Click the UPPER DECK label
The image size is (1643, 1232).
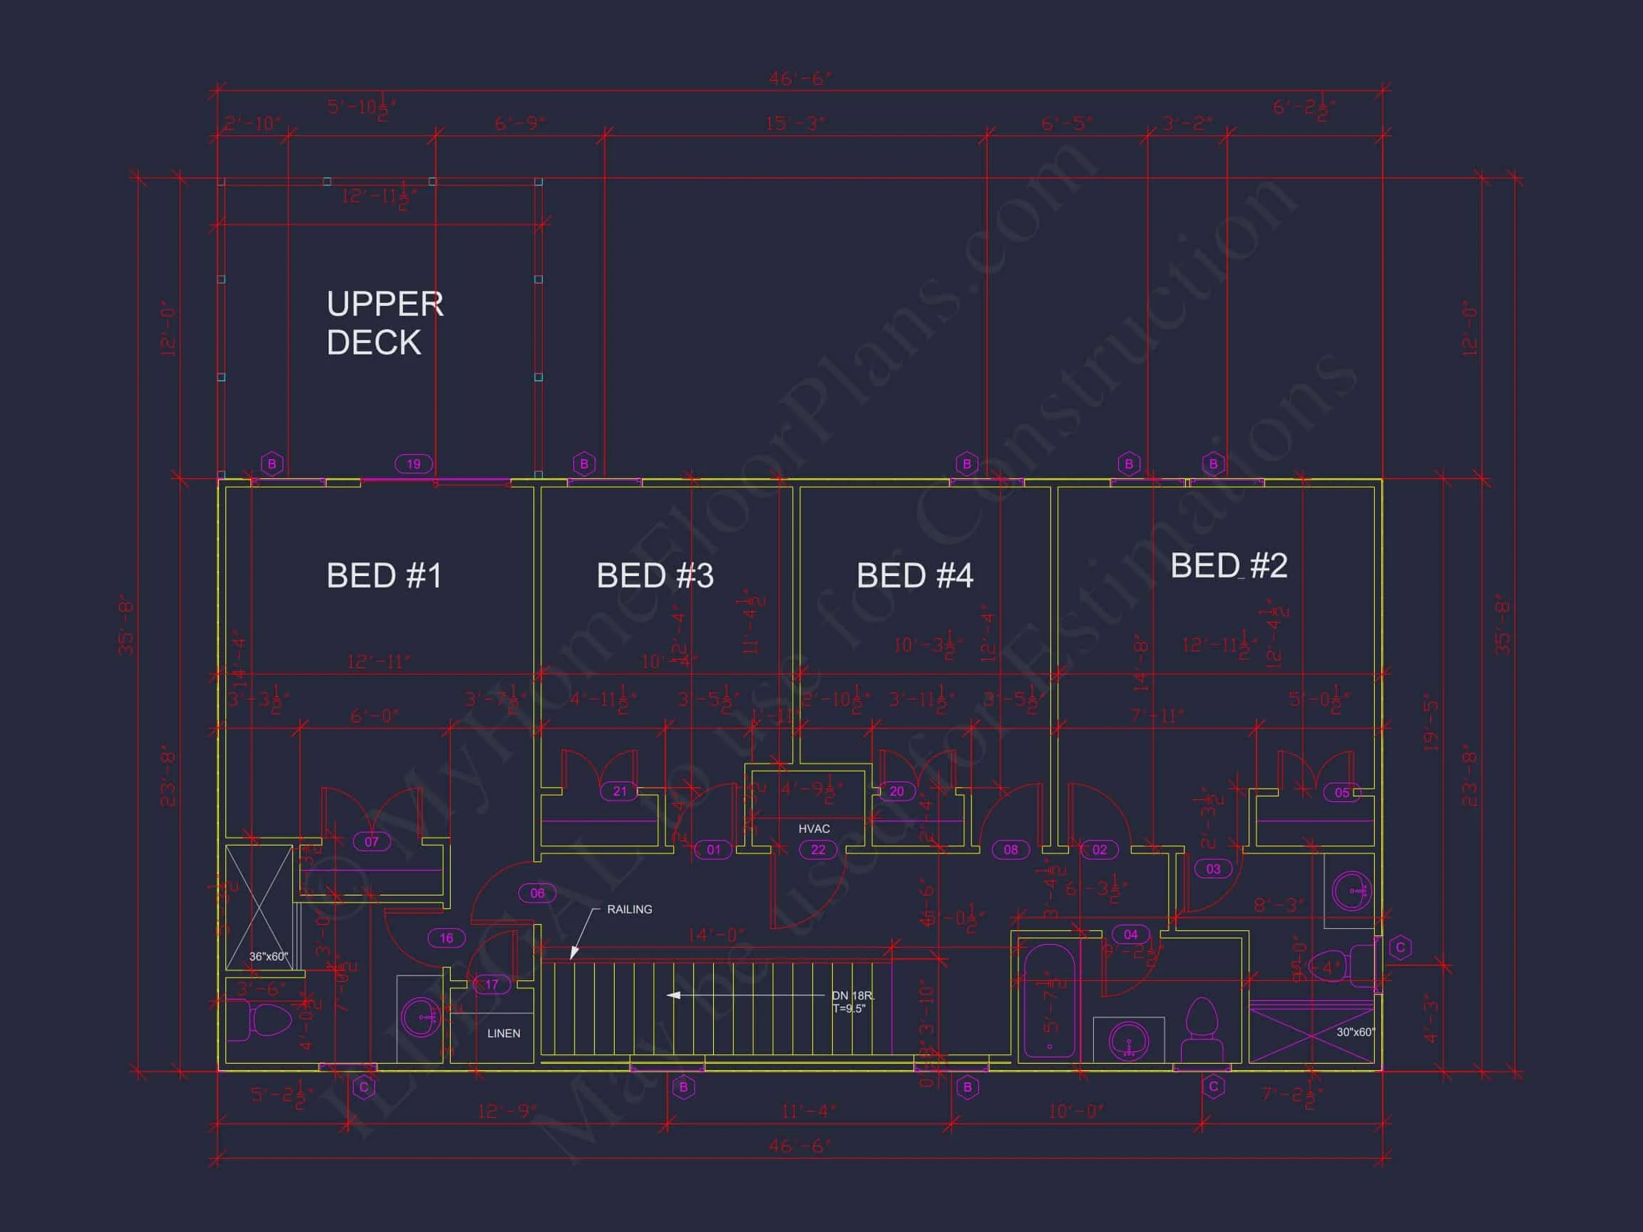point(385,323)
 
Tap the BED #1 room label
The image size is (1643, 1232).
point(384,575)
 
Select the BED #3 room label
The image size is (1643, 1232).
point(655,575)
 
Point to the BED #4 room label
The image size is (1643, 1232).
point(914,575)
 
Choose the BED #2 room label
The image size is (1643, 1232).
point(1229,566)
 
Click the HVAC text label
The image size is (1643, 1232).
point(814,828)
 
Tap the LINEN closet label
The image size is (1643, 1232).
point(503,1033)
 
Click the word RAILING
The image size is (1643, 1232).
point(629,909)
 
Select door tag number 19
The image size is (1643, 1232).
point(414,464)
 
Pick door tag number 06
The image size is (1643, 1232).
point(537,893)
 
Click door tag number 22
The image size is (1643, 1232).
point(818,850)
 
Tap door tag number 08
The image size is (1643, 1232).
point(1011,850)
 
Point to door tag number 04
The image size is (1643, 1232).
point(1130,934)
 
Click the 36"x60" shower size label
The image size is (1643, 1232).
point(268,957)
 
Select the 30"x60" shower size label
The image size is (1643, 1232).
point(1356,1032)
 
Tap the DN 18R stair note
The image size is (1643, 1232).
point(853,996)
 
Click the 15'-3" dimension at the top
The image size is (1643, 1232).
point(796,123)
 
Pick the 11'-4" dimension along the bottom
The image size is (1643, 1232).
point(809,1111)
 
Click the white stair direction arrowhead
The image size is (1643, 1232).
point(673,995)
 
